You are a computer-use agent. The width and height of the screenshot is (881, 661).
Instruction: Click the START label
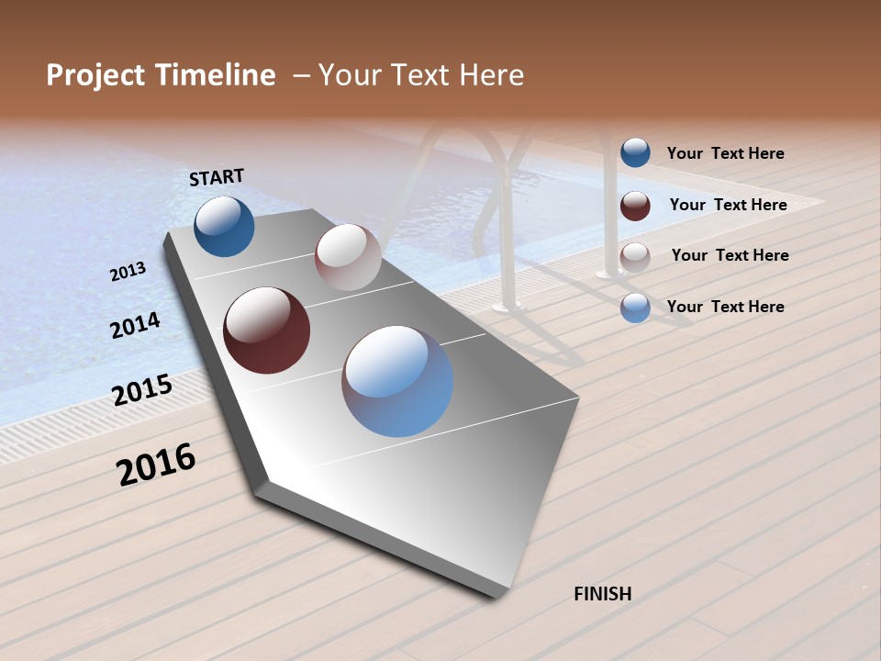(x=217, y=177)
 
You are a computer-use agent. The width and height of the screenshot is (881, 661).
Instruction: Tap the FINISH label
(x=603, y=594)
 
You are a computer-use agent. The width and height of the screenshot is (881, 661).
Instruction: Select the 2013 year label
(x=128, y=272)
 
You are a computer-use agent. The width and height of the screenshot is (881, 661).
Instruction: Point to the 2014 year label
(x=135, y=325)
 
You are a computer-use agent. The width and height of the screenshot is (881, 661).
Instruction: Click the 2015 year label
(x=142, y=390)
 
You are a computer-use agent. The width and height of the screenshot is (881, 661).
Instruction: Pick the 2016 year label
(x=156, y=465)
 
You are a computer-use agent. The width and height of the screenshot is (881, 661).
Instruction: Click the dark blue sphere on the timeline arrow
(x=224, y=227)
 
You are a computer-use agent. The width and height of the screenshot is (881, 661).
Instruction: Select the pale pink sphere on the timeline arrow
(x=348, y=257)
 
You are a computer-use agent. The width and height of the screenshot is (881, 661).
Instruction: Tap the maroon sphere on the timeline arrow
(x=267, y=330)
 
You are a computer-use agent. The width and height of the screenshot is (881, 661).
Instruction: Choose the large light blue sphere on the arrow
(x=397, y=381)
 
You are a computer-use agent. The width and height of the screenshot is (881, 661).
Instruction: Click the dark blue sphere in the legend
(x=635, y=153)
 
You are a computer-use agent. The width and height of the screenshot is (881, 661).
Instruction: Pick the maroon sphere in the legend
(x=635, y=206)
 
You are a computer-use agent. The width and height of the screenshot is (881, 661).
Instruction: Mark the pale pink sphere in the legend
(x=635, y=257)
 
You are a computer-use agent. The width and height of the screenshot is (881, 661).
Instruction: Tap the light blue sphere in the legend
(x=635, y=308)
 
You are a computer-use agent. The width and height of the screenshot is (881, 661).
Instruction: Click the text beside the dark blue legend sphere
(x=725, y=154)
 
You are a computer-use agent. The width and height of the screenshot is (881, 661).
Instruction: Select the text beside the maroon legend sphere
(x=728, y=205)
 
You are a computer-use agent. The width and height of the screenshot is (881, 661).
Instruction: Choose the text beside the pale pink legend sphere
(x=730, y=255)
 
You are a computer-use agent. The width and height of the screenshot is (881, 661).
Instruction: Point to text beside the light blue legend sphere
(x=725, y=307)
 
